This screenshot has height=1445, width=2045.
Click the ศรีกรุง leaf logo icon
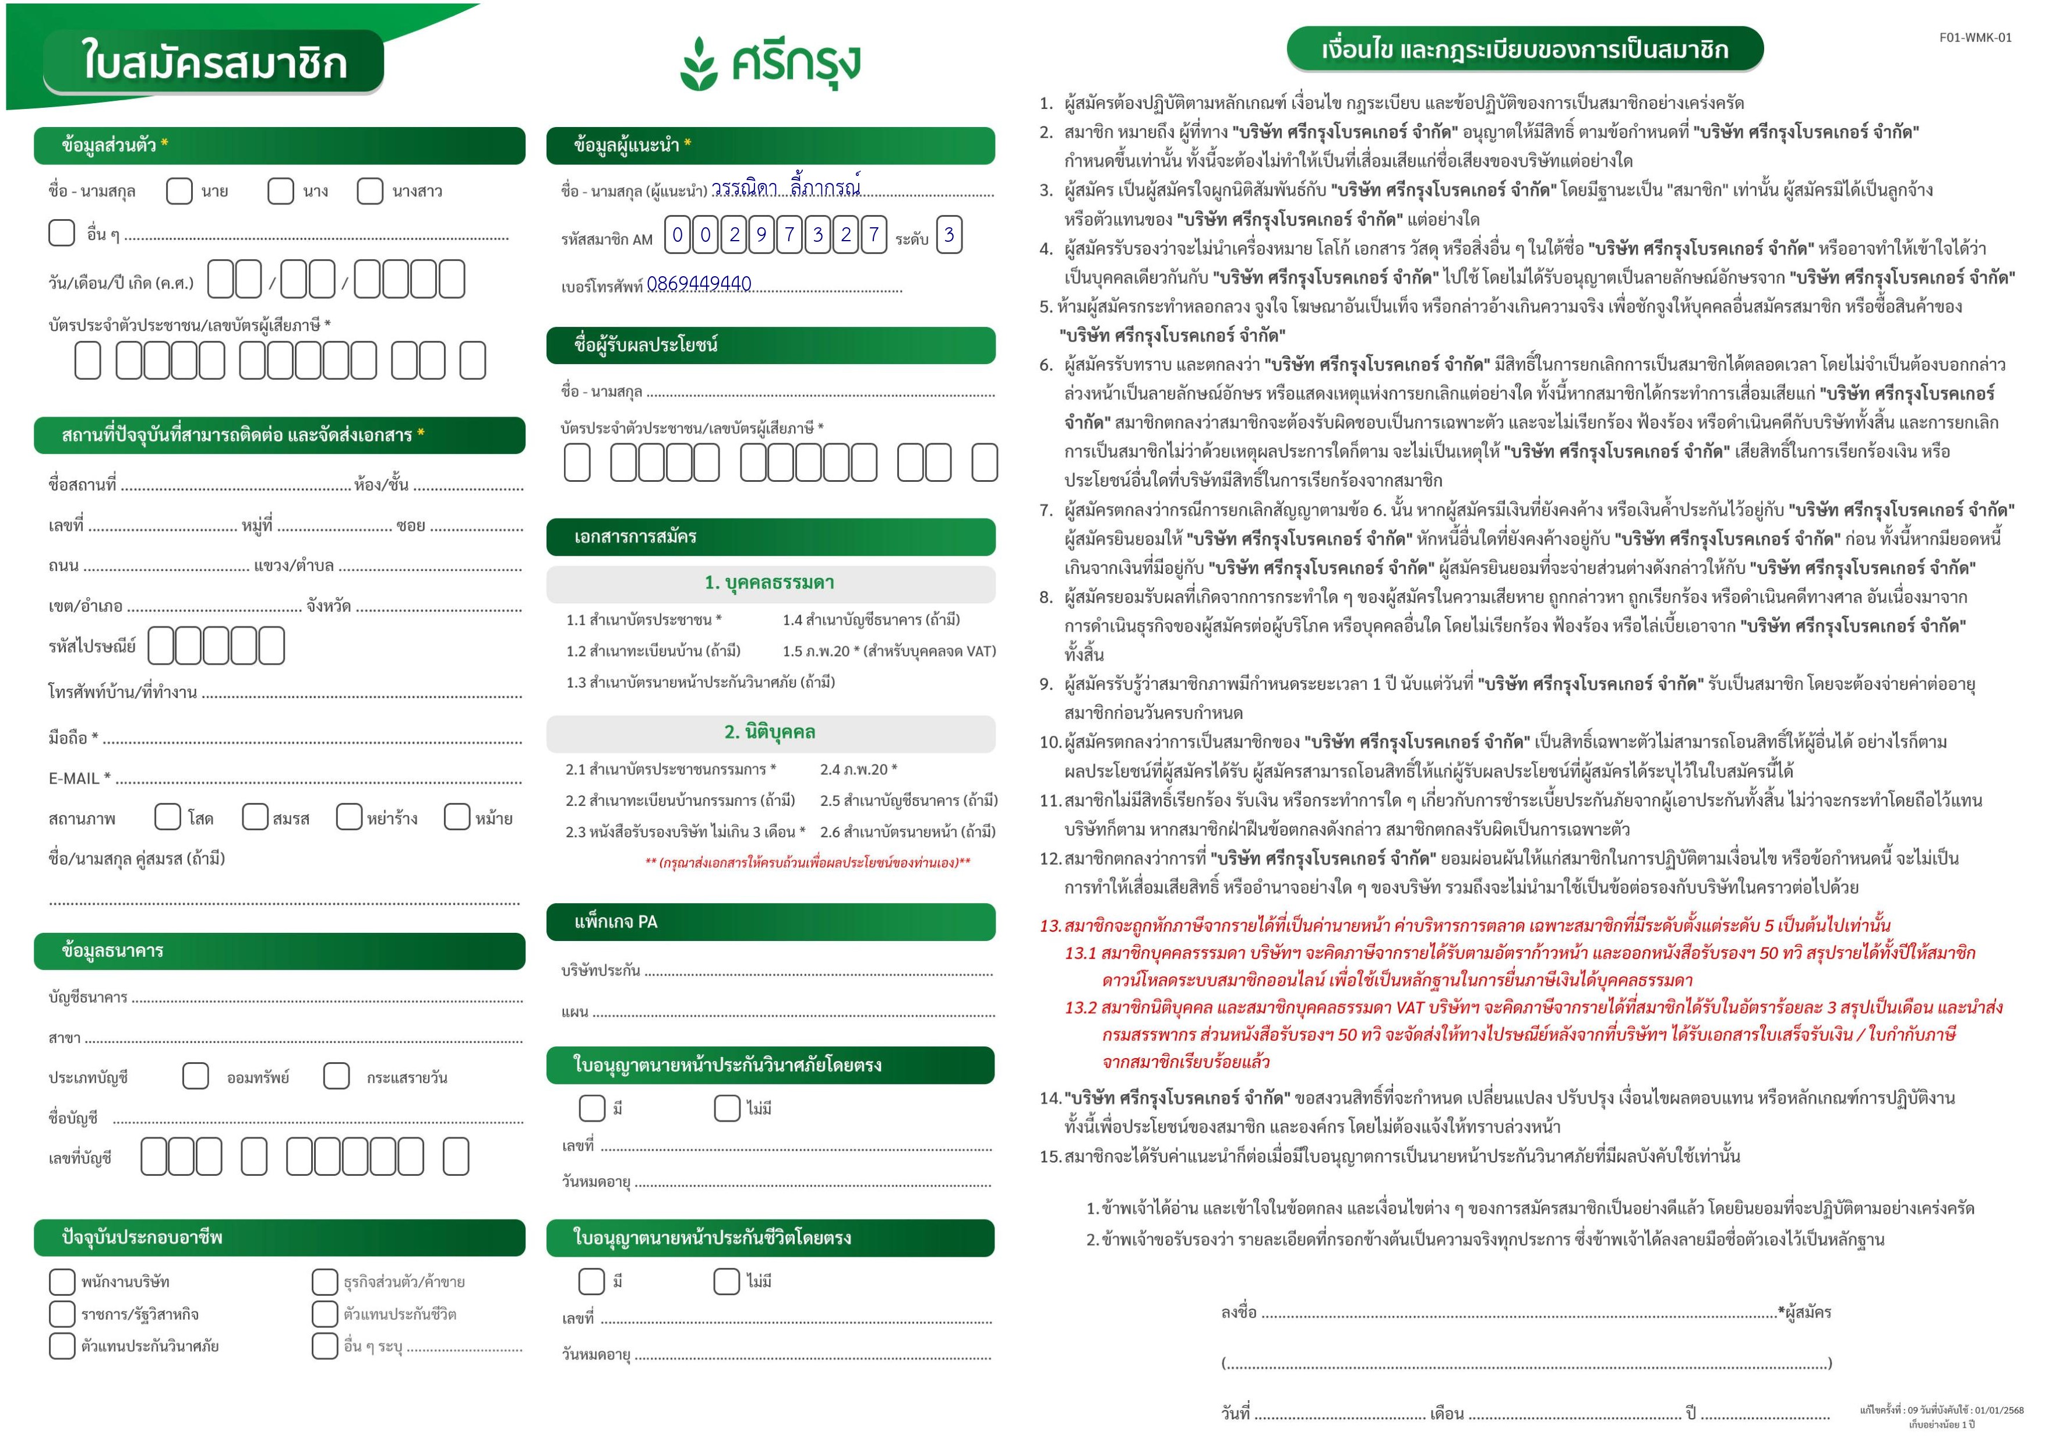[699, 64]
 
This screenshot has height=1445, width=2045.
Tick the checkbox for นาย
[179, 191]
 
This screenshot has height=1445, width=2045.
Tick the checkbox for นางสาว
[369, 191]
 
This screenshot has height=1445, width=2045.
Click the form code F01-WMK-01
[1975, 37]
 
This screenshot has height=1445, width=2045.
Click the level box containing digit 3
[950, 235]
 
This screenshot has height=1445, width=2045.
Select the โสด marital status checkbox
[167, 817]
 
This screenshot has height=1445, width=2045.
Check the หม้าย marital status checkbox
[457, 817]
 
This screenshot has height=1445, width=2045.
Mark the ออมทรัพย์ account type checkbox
[195, 1076]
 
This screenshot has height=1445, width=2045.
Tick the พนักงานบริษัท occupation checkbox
[61, 1282]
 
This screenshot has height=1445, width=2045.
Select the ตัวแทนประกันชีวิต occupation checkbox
[324, 1314]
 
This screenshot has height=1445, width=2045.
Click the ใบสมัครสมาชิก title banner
[214, 62]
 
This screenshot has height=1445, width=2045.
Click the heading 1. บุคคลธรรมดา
[770, 583]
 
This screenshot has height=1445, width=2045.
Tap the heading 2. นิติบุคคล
[770, 732]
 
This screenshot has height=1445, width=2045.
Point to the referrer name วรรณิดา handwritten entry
[745, 189]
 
